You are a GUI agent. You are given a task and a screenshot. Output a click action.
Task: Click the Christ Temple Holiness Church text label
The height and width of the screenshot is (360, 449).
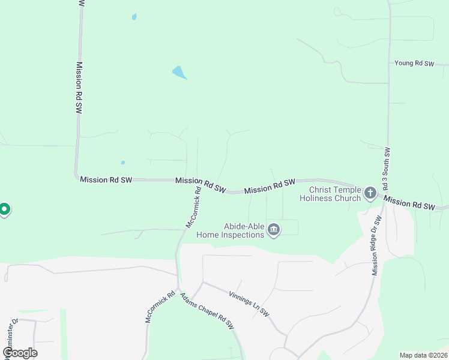click(x=330, y=194)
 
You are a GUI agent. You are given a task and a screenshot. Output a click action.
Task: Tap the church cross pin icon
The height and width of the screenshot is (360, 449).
click(x=370, y=193)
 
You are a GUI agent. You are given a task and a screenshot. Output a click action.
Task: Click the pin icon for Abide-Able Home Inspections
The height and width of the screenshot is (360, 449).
click(x=274, y=229)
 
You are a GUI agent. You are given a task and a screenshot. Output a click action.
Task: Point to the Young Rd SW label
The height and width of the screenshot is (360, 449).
click(x=414, y=63)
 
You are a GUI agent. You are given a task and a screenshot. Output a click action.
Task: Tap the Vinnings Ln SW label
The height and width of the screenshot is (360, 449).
click(x=249, y=304)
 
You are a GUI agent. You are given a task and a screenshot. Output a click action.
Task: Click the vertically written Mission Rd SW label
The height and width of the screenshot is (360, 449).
click(x=79, y=88)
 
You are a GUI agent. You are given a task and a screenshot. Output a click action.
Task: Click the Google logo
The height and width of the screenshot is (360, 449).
click(x=20, y=353)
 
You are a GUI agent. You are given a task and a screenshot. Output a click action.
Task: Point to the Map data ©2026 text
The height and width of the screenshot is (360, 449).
click(x=423, y=355)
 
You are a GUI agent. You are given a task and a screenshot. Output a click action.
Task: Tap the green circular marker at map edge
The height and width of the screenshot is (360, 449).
click(x=4, y=209)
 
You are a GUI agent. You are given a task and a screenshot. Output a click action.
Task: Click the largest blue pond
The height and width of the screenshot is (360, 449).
click(x=179, y=73)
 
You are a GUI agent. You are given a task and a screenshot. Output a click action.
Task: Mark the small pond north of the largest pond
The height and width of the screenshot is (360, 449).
click(x=134, y=17)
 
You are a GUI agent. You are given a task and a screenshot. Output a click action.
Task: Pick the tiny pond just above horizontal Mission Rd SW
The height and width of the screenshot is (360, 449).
click(x=122, y=162)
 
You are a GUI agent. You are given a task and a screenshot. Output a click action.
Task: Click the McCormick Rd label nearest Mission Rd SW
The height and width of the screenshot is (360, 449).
click(x=193, y=207)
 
